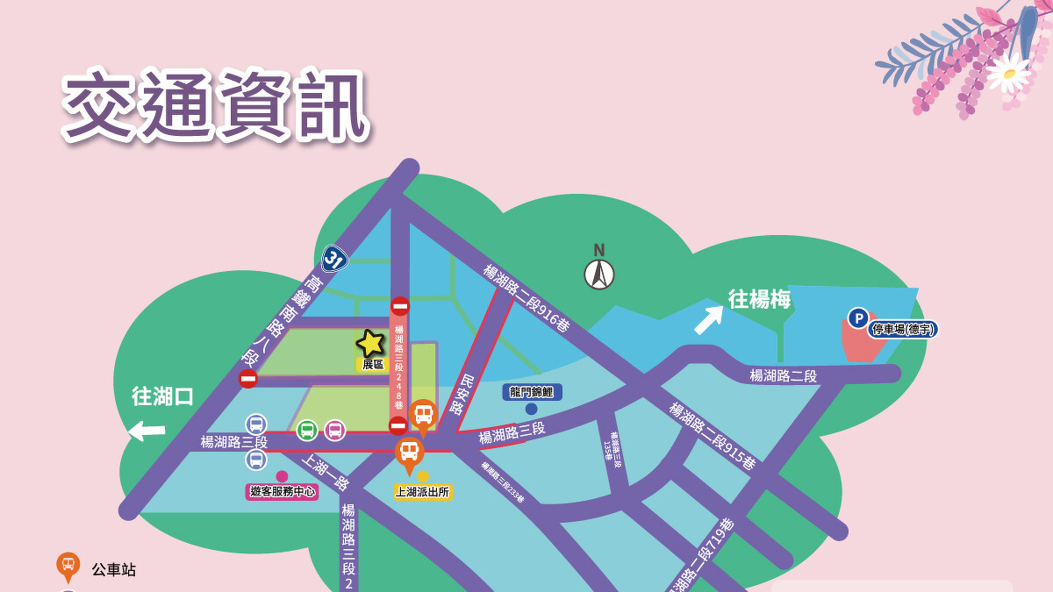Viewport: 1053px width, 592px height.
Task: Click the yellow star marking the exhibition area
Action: click(x=371, y=343)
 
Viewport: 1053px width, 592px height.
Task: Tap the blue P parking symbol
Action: click(x=858, y=317)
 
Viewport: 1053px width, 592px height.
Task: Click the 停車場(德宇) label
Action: click(x=903, y=329)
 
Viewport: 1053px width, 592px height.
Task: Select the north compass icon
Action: click(x=599, y=273)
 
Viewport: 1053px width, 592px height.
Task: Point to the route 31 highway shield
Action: click(x=333, y=258)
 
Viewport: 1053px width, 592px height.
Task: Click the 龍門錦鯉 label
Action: click(x=532, y=392)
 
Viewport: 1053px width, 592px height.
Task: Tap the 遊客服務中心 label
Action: click(x=282, y=492)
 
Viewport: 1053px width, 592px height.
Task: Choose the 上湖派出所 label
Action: click(x=422, y=492)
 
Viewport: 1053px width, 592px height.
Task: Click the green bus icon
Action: click(x=307, y=430)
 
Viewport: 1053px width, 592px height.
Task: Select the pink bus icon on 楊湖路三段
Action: click(x=335, y=430)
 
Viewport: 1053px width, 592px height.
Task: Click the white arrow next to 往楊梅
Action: click(x=708, y=320)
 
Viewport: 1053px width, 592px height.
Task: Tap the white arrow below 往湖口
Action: click(x=147, y=431)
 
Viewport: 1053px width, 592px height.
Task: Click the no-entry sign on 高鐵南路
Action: click(x=248, y=379)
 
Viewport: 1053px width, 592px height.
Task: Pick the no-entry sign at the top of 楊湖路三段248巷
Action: click(x=400, y=306)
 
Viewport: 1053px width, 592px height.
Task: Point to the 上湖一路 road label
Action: click(x=326, y=472)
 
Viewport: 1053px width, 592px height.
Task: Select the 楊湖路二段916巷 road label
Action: click(x=526, y=298)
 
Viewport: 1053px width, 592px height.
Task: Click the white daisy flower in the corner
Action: click(x=1008, y=72)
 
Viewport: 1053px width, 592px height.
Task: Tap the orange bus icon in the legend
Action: click(x=68, y=567)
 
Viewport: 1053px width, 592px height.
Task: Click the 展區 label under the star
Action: click(x=373, y=364)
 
